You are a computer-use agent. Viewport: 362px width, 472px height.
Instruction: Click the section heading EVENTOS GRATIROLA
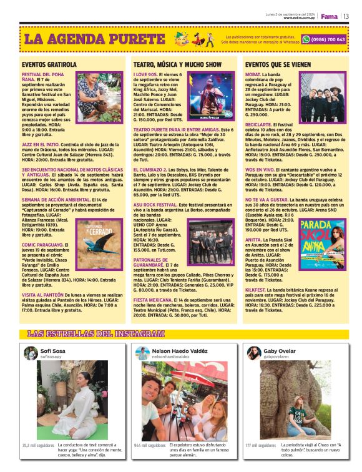coord(49,64)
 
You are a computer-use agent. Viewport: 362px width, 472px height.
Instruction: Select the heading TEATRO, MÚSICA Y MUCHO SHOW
coord(177,64)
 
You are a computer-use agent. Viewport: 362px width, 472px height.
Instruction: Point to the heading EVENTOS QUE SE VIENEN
coord(278,64)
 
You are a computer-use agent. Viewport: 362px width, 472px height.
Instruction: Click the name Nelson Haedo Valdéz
coord(180,352)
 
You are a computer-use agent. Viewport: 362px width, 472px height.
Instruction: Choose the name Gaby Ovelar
coord(279,352)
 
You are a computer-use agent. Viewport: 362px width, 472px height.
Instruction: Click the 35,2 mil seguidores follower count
coord(38,446)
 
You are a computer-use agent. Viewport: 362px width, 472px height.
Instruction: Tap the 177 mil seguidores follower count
coord(261,446)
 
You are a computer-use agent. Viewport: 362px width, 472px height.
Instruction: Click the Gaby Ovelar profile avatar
coord(253,354)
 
